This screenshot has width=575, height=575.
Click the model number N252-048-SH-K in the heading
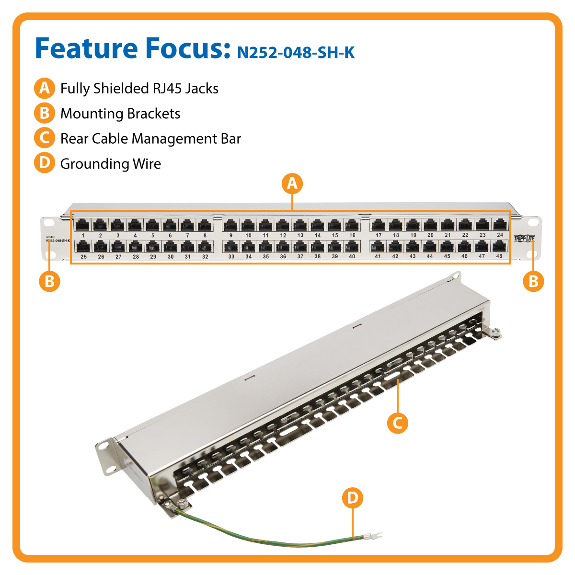tap(296, 52)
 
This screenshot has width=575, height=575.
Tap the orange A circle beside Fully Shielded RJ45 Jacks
tap(44, 88)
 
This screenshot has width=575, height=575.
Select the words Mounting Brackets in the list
tap(120, 114)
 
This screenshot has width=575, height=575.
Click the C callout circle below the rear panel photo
tap(397, 423)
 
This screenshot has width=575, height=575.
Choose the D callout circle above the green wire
tap(353, 498)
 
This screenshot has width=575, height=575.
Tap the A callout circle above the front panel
tap(292, 184)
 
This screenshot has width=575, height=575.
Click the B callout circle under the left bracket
tap(49, 281)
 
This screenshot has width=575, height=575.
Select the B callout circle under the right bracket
tap(533, 281)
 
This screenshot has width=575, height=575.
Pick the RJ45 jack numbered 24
tap(500, 224)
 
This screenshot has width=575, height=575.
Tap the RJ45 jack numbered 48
tap(499, 246)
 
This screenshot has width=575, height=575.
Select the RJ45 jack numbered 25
tap(83, 246)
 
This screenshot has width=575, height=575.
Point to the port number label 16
tap(352, 235)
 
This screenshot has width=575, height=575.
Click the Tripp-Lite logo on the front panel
tap(524, 239)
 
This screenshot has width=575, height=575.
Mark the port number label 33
tap(231, 257)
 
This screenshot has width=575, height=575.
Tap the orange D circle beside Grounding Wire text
tap(44, 163)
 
